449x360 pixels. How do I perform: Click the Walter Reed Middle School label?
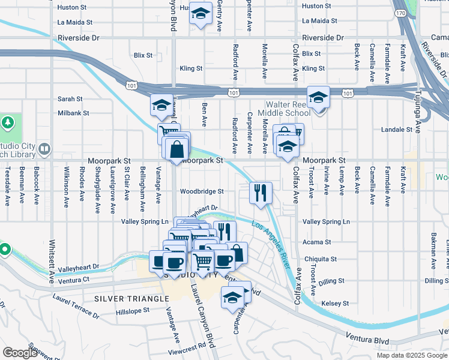coord(285,109)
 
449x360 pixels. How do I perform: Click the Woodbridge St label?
coord(203,191)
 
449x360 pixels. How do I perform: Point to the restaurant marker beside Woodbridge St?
coord(261,193)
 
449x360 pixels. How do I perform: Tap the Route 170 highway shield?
coord(401,13)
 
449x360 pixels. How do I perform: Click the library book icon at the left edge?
coord(44,148)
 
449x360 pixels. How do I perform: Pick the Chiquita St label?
coord(321,259)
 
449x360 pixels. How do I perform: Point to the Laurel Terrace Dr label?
coord(76,305)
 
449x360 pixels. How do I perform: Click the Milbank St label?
coord(73,113)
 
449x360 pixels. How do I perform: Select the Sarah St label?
coord(70,99)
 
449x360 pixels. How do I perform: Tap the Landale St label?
coord(397,129)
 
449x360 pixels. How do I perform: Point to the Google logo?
coord(20,353)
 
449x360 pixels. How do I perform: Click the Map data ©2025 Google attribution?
coord(412,355)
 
